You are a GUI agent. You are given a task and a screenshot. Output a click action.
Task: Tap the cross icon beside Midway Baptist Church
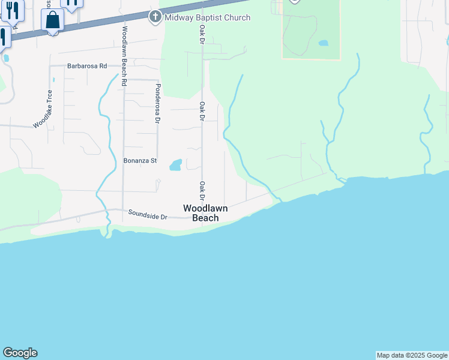(x=155, y=17)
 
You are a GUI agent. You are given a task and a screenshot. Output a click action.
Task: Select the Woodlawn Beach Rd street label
(x=124, y=56)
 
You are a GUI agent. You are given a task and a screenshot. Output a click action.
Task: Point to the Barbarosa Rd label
(x=87, y=66)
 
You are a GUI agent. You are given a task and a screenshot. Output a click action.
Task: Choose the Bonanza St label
(x=140, y=161)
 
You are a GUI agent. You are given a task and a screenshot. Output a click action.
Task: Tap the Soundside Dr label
(x=148, y=213)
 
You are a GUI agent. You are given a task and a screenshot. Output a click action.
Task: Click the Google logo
(x=20, y=353)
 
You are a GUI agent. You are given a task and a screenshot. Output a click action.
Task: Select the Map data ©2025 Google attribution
(x=412, y=355)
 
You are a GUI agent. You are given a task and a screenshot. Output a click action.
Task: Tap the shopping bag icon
(x=53, y=21)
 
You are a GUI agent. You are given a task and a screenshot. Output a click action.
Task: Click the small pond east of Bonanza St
(x=175, y=165)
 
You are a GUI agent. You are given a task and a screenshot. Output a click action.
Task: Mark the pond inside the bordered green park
(x=324, y=43)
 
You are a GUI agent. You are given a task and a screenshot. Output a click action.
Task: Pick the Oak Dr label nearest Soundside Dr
(x=202, y=191)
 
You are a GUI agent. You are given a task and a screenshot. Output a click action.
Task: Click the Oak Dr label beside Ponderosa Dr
(x=202, y=111)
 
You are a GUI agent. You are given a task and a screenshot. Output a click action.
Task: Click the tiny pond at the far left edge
(x=6, y=58)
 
